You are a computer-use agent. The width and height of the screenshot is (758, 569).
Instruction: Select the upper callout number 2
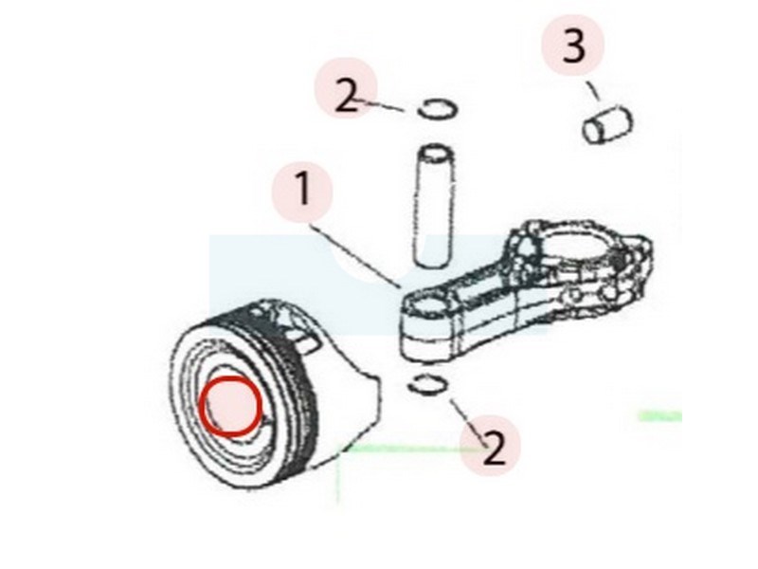click(x=347, y=97)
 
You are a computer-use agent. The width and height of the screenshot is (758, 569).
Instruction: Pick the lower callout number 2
click(x=493, y=448)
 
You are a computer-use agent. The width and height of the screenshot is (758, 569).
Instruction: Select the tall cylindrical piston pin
click(x=434, y=206)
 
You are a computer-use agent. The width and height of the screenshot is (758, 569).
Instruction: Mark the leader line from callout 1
click(x=356, y=255)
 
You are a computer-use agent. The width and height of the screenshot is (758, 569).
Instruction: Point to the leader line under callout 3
click(x=594, y=90)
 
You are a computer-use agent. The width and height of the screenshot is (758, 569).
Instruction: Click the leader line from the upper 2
click(x=381, y=105)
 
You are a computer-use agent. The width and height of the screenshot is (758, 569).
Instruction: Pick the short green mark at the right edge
click(x=660, y=415)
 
